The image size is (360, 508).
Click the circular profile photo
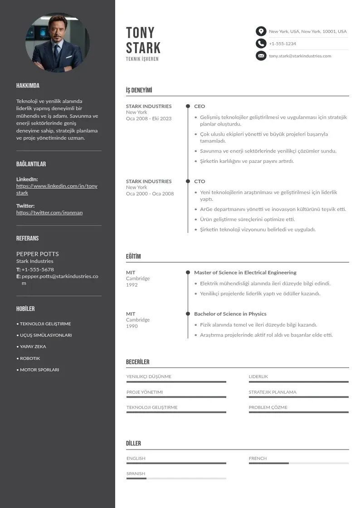pos(58,43)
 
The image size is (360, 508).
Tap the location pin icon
pos(261,31)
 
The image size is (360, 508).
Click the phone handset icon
pos(261,44)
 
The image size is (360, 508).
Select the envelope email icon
pos(261,56)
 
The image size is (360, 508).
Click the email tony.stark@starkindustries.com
pos(300,56)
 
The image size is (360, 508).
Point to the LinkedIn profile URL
pos(57,189)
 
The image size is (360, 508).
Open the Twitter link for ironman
pos(49,212)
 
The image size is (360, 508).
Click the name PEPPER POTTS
pos(38,254)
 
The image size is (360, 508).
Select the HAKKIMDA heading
pos(28,86)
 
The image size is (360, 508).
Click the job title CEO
pos(199,106)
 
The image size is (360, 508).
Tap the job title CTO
pos(199,181)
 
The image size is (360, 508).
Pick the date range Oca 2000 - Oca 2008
pos(150,194)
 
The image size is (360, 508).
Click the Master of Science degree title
pos(245,273)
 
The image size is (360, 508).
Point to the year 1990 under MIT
pos(132,326)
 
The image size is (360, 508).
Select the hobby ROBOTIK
pos(30,358)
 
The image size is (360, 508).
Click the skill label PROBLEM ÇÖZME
pos(268,407)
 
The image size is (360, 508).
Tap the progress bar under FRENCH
pos(298,463)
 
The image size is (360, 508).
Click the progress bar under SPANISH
pos(176,479)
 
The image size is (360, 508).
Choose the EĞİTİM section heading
pos(133,256)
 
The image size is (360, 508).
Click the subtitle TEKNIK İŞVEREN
pos(142,59)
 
